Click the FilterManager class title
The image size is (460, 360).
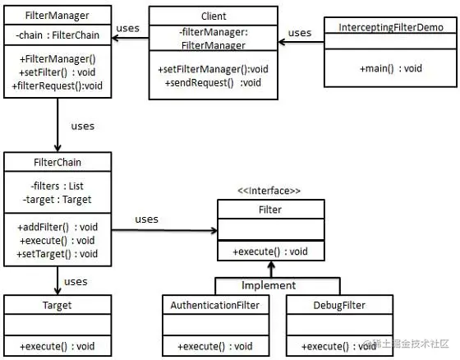tap(57, 16)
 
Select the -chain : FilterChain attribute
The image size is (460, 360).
tap(57, 35)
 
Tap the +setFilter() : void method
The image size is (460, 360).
tap(57, 72)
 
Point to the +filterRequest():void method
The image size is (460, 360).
tap(57, 85)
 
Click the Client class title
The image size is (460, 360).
tap(214, 16)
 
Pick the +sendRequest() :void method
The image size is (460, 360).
tap(213, 82)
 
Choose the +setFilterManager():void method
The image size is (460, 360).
tap(213, 69)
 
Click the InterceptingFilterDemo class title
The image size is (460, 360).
tap(391, 27)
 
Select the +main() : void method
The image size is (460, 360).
tap(391, 68)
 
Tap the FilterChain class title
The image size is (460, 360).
tap(57, 162)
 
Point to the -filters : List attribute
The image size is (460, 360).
tap(57, 186)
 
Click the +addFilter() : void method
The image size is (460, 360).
tap(57, 227)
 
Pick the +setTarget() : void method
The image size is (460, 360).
tap(57, 254)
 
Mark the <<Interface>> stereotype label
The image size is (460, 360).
tap(269, 191)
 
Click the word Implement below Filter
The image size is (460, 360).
tap(269, 285)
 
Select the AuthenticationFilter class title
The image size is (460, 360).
tap(215, 306)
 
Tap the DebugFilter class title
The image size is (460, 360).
tap(339, 306)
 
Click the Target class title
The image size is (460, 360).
tap(57, 306)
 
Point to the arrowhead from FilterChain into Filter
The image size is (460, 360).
tap(214, 230)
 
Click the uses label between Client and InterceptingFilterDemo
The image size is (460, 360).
tap(300, 33)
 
